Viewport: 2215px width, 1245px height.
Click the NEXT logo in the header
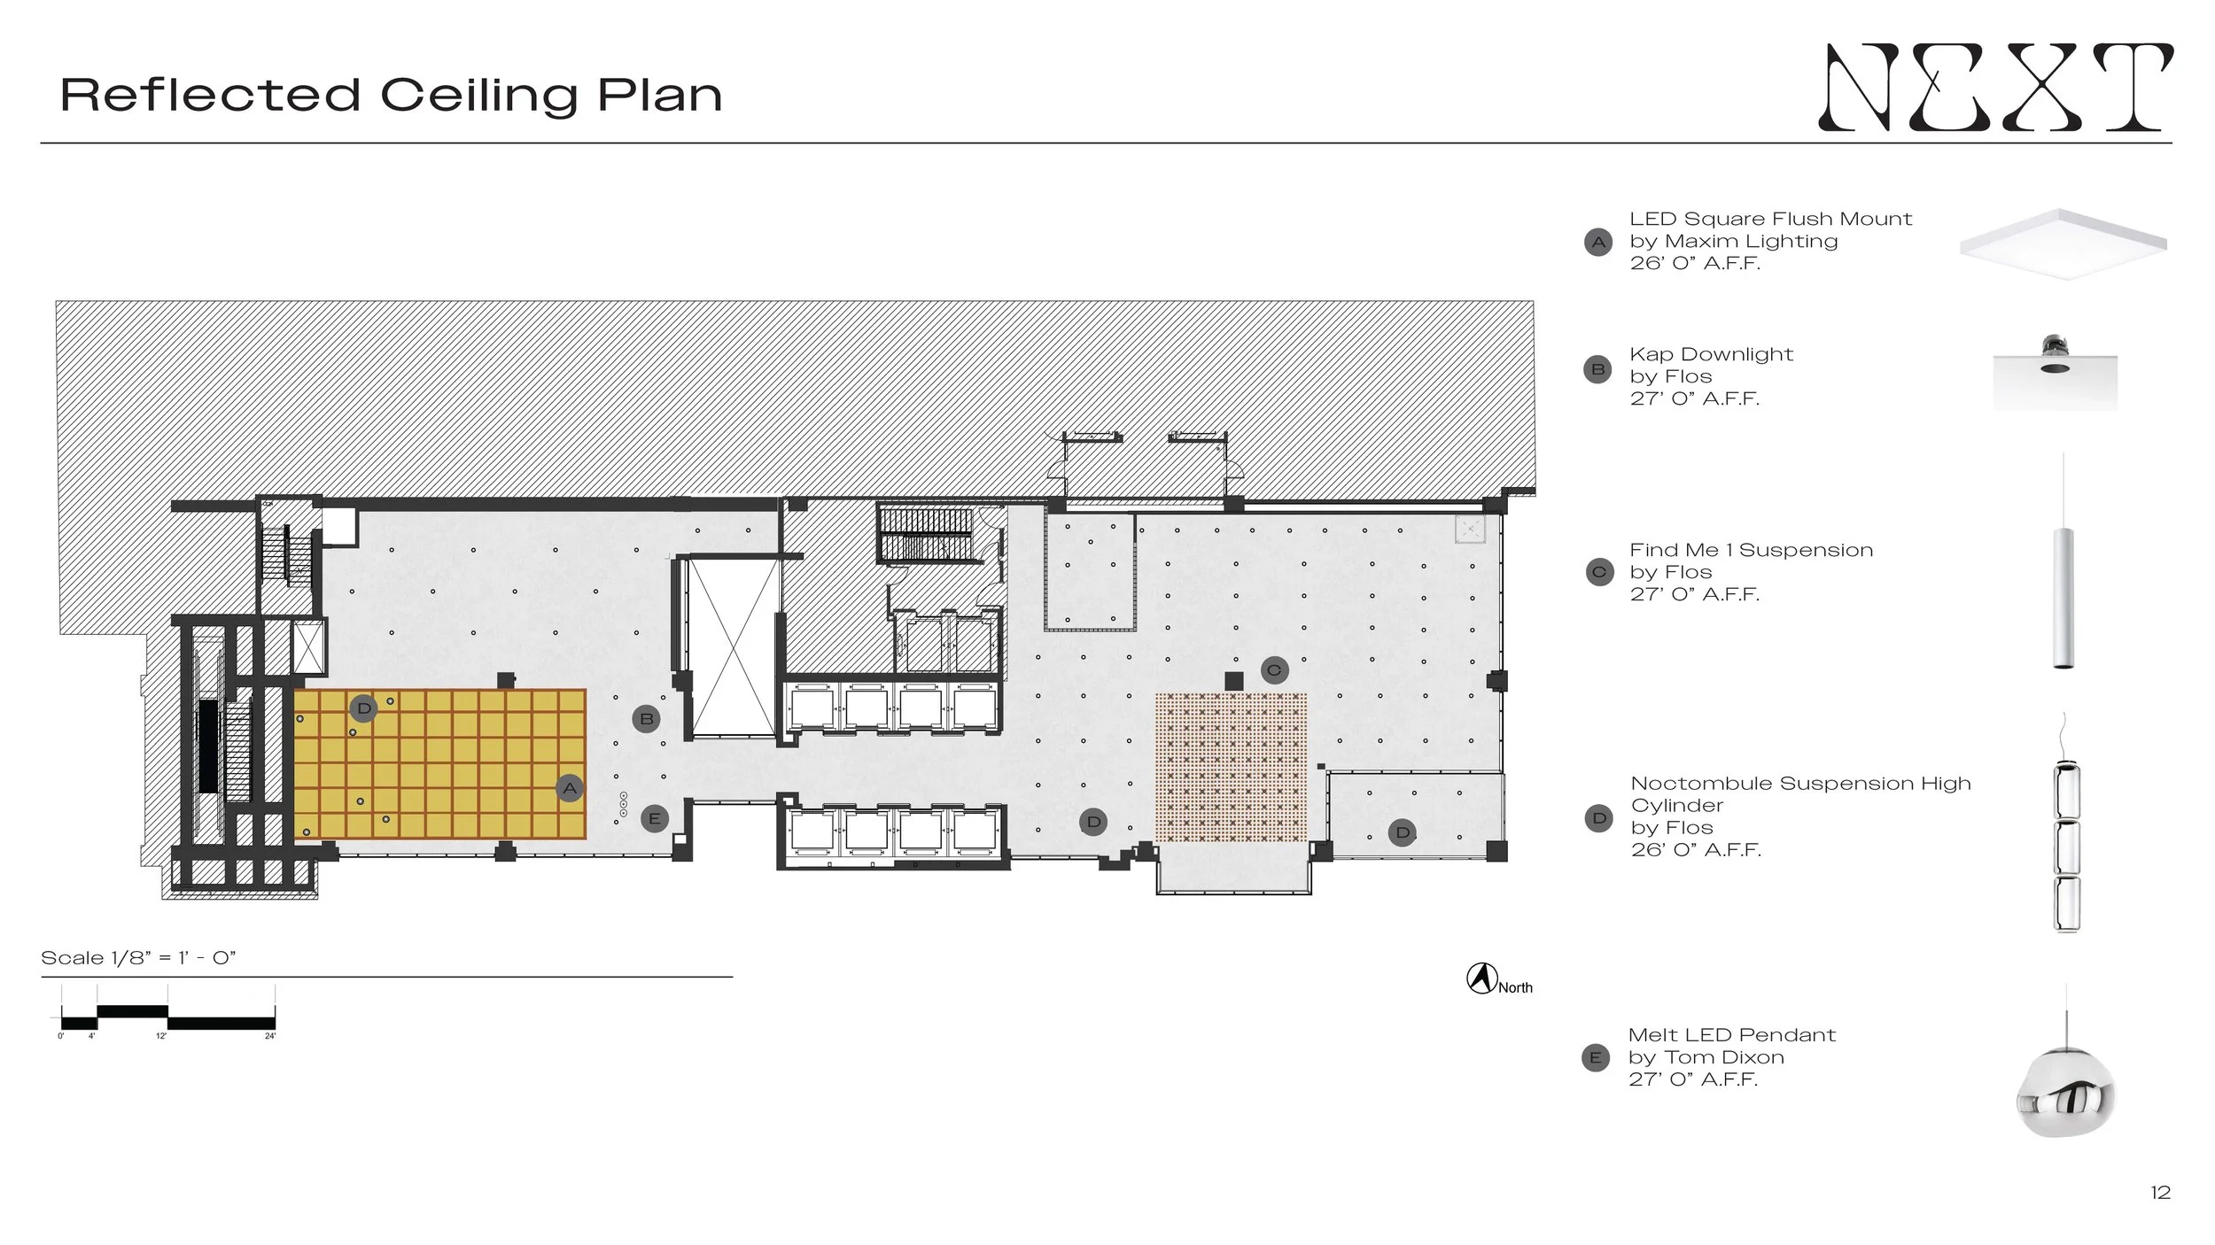click(1995, 87)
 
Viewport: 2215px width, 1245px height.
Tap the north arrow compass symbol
click(1481, 978)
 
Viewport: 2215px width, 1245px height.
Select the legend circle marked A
click(1598, 242)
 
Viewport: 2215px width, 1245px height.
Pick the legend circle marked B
click(1598, 369)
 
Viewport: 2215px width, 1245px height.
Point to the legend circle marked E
click(1596, 1057)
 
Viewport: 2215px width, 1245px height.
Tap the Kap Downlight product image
click(2055, 373)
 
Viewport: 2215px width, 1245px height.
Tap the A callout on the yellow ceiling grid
click(570, 788)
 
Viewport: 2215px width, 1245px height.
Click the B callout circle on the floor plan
click(647, 719)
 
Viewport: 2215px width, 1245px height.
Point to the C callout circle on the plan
click(1274, 670)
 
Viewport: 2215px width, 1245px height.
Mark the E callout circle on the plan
click(655, 818)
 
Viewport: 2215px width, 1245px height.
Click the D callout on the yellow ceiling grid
click(364, 708)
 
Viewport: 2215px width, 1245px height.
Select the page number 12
click(2160, 1193)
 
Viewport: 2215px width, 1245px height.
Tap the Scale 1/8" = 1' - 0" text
click(138, 958)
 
